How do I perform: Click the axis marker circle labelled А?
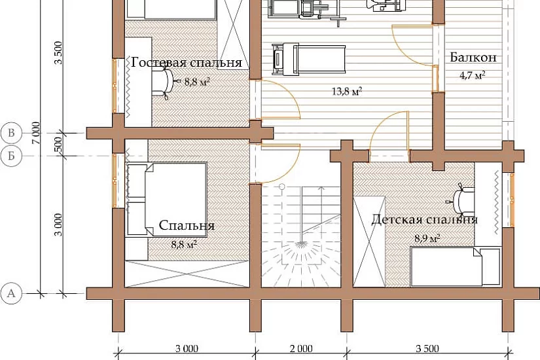tap(11, 293)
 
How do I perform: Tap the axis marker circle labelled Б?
tap(11, 156)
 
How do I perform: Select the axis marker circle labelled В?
tap(11, 133)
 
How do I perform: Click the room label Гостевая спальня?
tap(187, 63)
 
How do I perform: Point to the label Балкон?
tap(473, 57)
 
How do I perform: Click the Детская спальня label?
tap(424, 219)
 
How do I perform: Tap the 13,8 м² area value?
tap(347, 91)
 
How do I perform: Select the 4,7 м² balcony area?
tap(473, 75)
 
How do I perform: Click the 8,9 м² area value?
tap(427, 238)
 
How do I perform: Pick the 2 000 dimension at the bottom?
tap(300, 349)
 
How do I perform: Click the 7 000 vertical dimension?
tap(37, 133)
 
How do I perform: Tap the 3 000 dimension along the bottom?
tap(187, 349)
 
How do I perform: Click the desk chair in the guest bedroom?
tap(164, 82)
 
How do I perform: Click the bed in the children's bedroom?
tap(456, 266)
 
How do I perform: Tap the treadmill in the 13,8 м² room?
tap(308, 59)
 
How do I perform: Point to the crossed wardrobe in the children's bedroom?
tap(370, 242)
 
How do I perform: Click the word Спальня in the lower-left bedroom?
tap(187, 225)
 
